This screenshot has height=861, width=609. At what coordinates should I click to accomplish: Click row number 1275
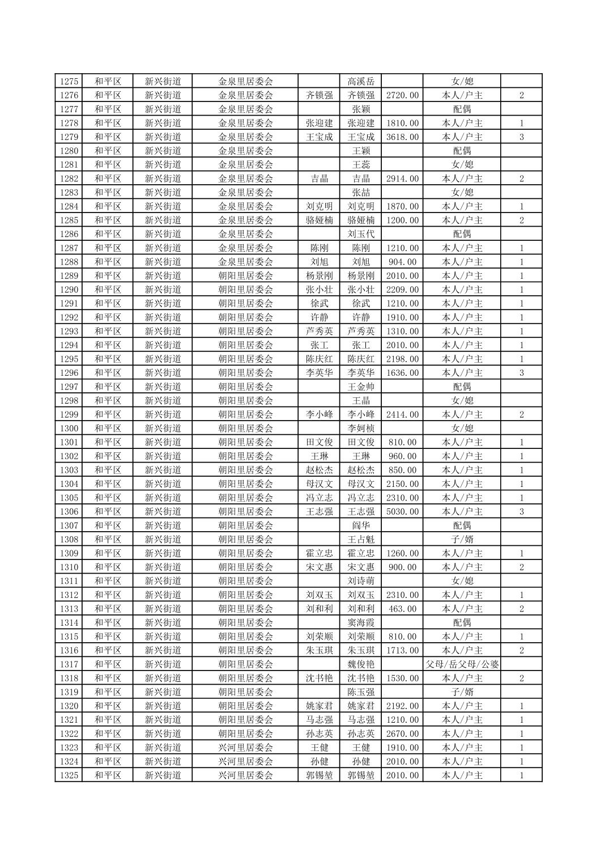69,81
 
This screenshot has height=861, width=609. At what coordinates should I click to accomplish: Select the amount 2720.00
402,95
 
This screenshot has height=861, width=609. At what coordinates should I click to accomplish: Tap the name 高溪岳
361,81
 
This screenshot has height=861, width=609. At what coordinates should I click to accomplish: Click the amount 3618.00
402,137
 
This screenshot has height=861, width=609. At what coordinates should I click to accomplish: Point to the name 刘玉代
361,234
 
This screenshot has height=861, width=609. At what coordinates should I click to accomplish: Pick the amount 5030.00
402,512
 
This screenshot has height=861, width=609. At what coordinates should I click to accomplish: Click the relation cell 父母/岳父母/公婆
462,664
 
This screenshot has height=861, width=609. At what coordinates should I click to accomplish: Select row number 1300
69,429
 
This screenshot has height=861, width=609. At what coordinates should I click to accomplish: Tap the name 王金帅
361,387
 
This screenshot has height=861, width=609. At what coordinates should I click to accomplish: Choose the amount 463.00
402,609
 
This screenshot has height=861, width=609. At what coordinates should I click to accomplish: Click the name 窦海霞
361,622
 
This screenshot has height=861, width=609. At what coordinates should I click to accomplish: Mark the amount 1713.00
402,650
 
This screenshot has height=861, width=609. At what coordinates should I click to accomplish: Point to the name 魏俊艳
361,664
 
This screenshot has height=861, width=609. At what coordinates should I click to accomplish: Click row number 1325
69,775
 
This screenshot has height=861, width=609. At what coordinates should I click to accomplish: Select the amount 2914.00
402,179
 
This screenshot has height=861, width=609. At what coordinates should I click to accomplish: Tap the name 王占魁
361,540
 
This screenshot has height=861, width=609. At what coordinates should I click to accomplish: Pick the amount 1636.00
402,373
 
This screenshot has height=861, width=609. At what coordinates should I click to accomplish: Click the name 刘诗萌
361,581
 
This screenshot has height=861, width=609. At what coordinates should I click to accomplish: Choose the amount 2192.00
402,706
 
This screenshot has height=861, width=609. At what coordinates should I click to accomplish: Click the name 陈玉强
361,692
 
